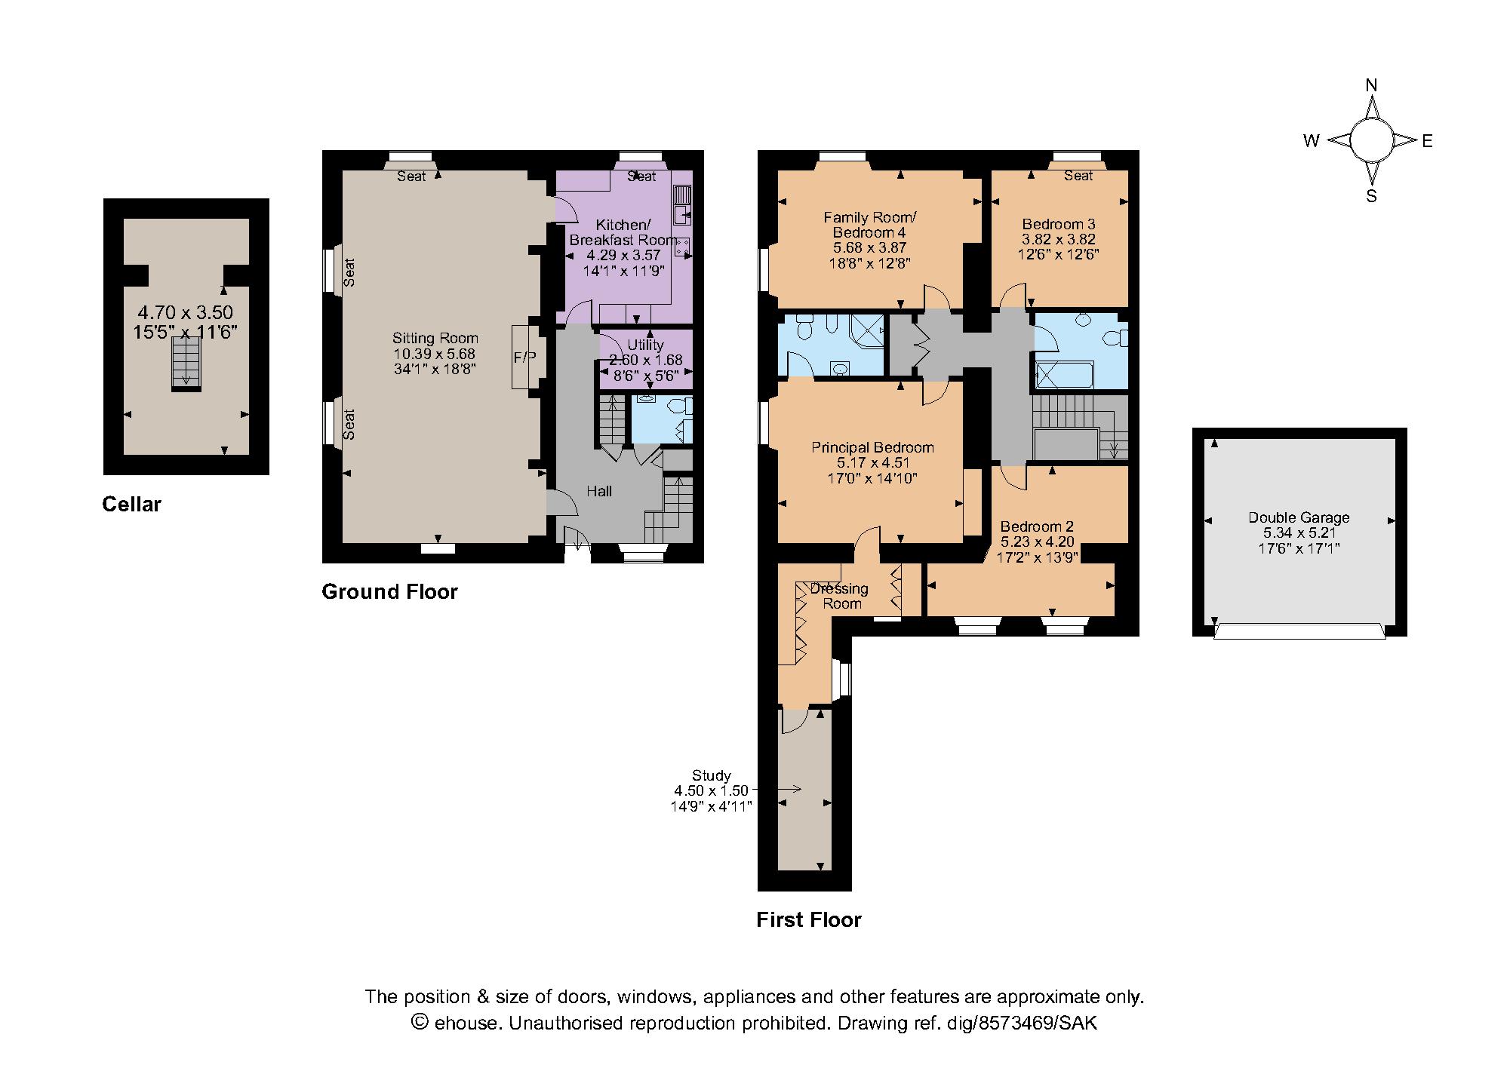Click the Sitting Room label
(x=435, y=339)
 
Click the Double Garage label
(x=1298, y=517)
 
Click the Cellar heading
(x=131, y=505)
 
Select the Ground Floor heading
(x=389, y=591)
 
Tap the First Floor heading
(x=808, y=919)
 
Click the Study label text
(x=711, y=775)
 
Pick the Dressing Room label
(x=841, y=596)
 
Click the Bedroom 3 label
(x=1058, y=224)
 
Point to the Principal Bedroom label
(x=872, y=447)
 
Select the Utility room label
(x=645, y=345)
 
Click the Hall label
(x=599, y=491)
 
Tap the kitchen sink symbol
(x=682, y=204)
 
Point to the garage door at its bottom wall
(x=1299, y=631)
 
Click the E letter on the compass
(x=1427, y=141)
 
